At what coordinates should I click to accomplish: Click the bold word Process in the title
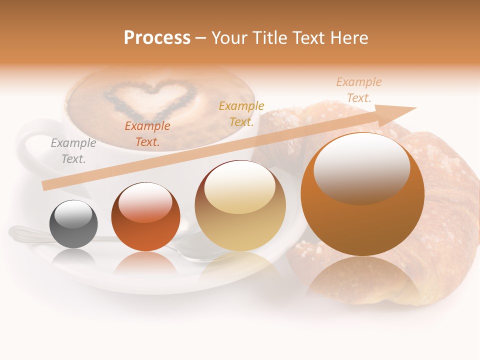coord(157,37)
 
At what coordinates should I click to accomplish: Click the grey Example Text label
coord(73,151)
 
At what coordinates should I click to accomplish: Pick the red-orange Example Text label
coord(147,134)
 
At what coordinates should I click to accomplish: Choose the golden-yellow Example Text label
coord(241,113)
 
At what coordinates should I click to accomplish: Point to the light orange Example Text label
coord(358,90)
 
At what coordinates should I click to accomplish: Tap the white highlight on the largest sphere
coord(361,167)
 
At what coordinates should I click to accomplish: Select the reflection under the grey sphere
coord(73,257)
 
